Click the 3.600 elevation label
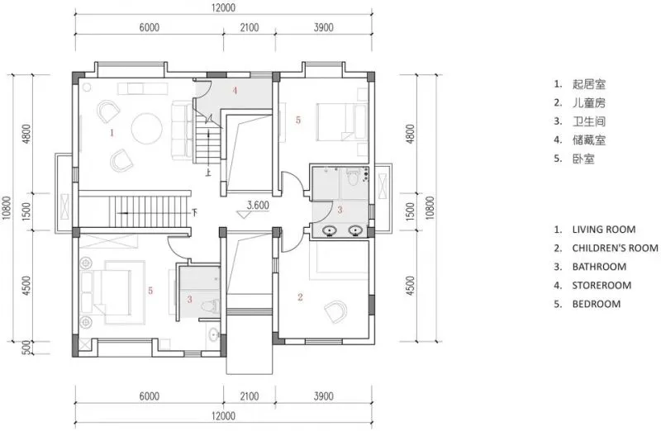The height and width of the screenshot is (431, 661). point(258,206)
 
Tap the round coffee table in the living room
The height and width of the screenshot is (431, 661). point(147,129)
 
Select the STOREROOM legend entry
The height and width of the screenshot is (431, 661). point(602,285)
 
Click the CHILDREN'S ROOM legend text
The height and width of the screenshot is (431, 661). point(615,249)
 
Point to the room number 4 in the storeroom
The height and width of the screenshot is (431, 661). point(235,90)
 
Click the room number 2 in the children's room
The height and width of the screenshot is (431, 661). point(300,297)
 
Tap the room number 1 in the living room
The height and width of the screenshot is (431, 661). point(112,133)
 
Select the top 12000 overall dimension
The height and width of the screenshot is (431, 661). point(223,7)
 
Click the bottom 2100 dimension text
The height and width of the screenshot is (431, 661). point(250,396)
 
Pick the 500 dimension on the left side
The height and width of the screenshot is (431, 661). point(26,348)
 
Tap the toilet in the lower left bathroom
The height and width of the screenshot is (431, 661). point(210,305)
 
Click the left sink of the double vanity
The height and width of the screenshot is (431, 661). point(330,231)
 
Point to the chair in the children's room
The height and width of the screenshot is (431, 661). point(336,311)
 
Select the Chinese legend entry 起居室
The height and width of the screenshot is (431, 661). point(589,84)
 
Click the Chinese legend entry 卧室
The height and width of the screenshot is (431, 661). point(583,159)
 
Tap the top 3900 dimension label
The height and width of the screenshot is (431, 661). point(323,27)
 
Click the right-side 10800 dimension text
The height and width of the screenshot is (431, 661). point(429,208)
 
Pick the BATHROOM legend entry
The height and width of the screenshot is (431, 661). point(599,267)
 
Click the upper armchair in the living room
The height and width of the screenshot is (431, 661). point(108,111)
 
